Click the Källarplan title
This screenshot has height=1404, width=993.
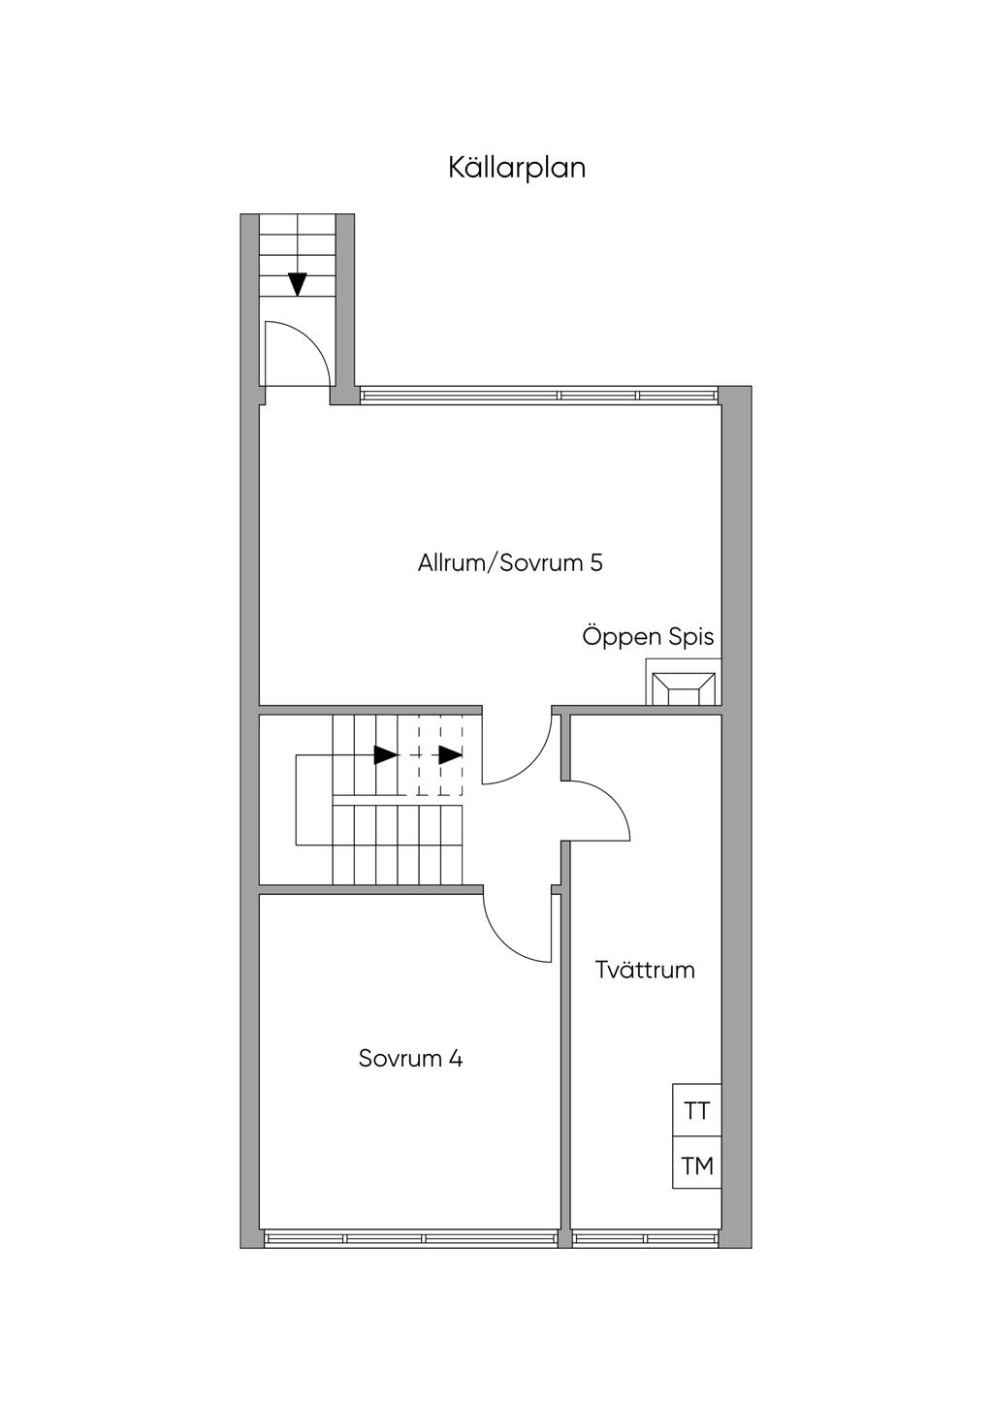517,168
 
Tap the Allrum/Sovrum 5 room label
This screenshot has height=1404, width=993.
510,562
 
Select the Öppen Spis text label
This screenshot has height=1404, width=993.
648,637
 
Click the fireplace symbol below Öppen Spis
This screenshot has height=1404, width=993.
684,686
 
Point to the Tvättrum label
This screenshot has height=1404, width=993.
645,970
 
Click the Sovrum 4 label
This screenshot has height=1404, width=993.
410,1058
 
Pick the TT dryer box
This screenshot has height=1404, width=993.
696,1111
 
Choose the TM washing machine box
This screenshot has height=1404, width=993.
696,1165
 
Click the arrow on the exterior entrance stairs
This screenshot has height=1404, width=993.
297,284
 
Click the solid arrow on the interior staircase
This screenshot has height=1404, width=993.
386,754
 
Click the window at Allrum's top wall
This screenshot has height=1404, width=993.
539,395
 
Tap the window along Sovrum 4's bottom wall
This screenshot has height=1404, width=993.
409,1238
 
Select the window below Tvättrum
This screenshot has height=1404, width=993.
645,1238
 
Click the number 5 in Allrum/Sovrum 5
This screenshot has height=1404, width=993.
595,562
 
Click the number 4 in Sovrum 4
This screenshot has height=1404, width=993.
455,1058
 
